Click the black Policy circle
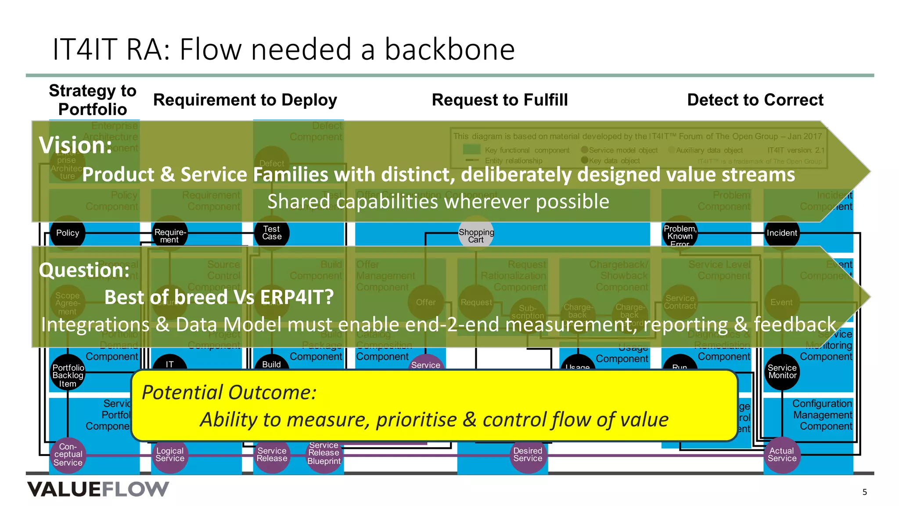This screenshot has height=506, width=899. pyautogui.click(x=68, y=233)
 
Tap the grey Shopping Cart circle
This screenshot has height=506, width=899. pyautogui.click(x=476, y=235)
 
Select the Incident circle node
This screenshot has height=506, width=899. pyautogui.click(x=781, y=233)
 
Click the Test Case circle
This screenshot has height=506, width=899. pyautogui.click(x=272, y=233)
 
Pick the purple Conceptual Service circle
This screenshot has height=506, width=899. pyautogui.click(x=68, y=455)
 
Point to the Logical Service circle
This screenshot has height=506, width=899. pyautogui.click(x=170, y=455)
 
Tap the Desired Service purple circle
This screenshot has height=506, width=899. pyautogui.click(x=528, y=455)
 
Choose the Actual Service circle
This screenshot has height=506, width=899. pyautogui.click(x=782, y=455)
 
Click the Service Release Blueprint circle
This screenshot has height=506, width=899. pyautogui.click(x=324, y=455)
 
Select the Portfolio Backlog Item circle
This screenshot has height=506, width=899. pyautogui.click(x=68, y=374)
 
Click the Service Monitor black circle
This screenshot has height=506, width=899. pyautogui.click(x=782, y=372)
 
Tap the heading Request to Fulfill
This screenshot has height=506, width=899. pyautogui.click(x=500, y=100)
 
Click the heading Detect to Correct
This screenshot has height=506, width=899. pyautogui.click(x=755, y=100)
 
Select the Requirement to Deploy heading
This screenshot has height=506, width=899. pyautogui.click(x=245, y=100)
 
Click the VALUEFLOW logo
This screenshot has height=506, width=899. pyautogui.click(x=98, y=489)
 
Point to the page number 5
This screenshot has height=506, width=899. pyautogui.click(x=864, y=492)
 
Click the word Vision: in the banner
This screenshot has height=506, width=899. pyautogui.click(x=76, y=145)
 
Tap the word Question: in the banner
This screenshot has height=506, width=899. pyautogui.click(x=84, y=270)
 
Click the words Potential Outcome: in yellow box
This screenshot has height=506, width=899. pyautogui.click(x=229, y=392)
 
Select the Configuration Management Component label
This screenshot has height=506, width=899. pyautogui.click(x=822, y=415)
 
